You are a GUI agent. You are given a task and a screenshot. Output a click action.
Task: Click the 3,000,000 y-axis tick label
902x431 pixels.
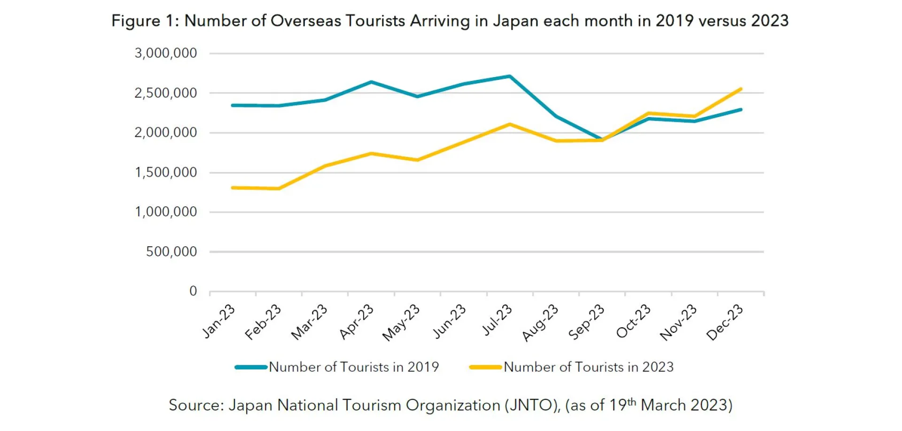click(x=166, y=53)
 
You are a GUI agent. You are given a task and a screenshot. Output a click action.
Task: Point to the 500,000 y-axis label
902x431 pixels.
click(x=171, y=252)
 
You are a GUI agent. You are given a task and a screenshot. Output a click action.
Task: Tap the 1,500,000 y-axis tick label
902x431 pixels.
click(x=166, y=172)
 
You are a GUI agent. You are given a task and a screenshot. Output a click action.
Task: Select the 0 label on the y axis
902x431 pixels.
click(x=193, y=291)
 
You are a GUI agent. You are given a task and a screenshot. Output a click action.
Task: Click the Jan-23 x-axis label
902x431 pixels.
click(x=219, y=321)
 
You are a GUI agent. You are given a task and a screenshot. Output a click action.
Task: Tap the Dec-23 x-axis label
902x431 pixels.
click(x=725, y=322)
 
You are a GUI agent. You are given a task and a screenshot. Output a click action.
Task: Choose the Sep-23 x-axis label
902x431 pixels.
click(x=587, y=322)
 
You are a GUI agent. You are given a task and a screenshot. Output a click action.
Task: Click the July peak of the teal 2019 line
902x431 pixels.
click(x=510, y=76)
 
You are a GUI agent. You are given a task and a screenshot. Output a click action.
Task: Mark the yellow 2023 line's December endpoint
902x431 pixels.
click(x=740, y=89)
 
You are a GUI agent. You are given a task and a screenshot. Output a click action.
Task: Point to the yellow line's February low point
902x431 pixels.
click(x=279, y=188)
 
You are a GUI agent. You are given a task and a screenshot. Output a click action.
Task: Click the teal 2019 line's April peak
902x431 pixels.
click(x=371, y=82)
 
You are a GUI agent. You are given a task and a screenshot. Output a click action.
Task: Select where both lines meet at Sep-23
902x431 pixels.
click(x=602, y=140)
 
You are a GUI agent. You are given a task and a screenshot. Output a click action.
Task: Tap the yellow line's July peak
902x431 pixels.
click(x=510, y=125)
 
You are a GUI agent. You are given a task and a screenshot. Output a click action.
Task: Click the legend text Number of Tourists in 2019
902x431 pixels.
click(x=354, y=367)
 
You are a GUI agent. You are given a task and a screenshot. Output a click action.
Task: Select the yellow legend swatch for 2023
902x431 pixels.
click(x=486, y=367)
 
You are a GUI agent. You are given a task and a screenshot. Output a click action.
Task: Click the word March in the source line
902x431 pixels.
click(x=663, y=405)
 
